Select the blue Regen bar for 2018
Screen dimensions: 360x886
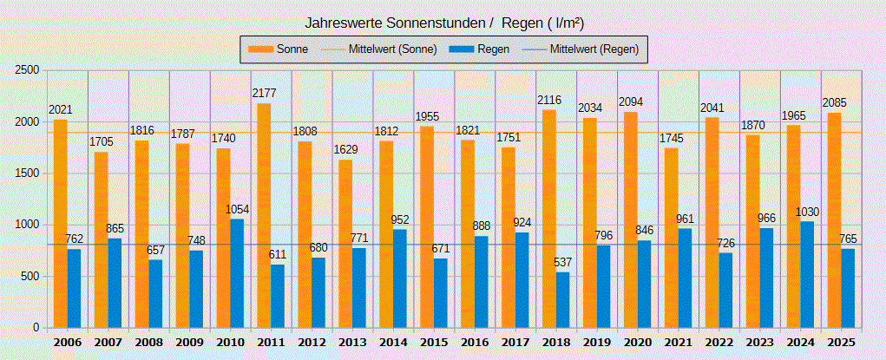562,300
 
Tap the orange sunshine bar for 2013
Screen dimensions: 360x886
345,244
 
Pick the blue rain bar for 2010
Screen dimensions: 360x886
236,273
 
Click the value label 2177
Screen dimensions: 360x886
264,94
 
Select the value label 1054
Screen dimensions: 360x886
236,209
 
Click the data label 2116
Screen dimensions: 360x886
549,100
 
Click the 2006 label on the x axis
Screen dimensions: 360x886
67,343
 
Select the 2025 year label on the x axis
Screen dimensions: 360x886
841,343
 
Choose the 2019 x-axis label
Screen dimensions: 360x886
597,343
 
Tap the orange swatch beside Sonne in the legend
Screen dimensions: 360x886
260,49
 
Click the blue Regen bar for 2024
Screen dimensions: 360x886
807,274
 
